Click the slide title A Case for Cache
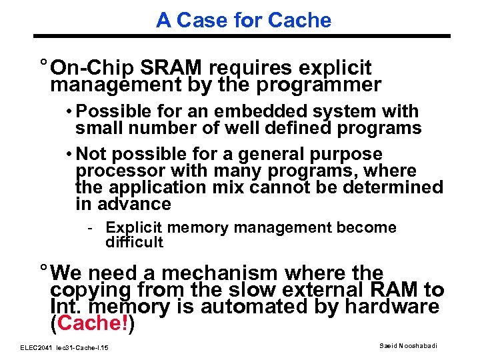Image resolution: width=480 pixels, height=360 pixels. coord(243,20)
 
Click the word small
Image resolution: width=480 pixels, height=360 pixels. coord(96,127)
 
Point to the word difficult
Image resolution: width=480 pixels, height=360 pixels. coord(134,241)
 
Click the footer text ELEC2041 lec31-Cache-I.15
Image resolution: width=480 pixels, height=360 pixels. coord(65,348)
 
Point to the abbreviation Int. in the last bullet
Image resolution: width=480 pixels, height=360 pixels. coord(63,307)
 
